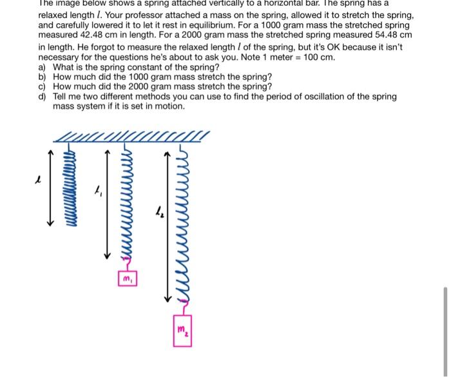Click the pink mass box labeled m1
128,279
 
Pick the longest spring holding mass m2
181,232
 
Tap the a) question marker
43,67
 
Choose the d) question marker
43,96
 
